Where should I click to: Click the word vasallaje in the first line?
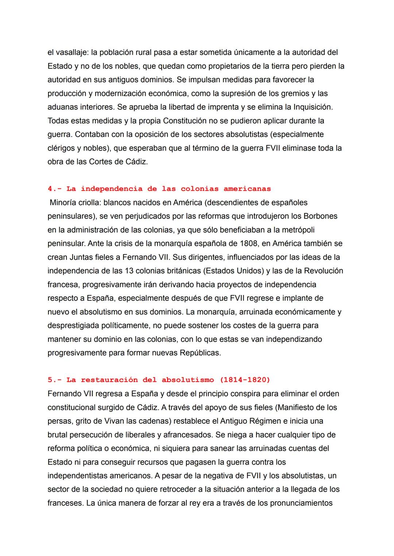click(x=70, y=53)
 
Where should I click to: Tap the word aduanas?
click(x=62, y=107)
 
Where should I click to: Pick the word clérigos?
click(x=61, y=148)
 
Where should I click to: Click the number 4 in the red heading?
click(x=50, y=189)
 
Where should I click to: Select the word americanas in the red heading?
click(x=247, y=189)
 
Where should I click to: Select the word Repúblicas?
click(x=200, y=353)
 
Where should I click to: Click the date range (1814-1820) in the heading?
click(x=245, y=380)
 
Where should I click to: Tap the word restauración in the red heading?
click(x=108, y=380)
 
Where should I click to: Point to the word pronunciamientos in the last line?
click(x=301, y=503)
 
